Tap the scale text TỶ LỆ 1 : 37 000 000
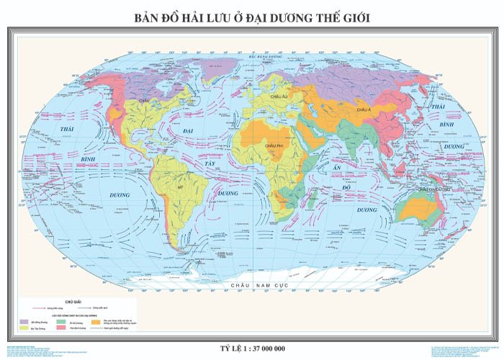(x=252, y=348)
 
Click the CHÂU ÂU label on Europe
(x=279, y=96)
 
